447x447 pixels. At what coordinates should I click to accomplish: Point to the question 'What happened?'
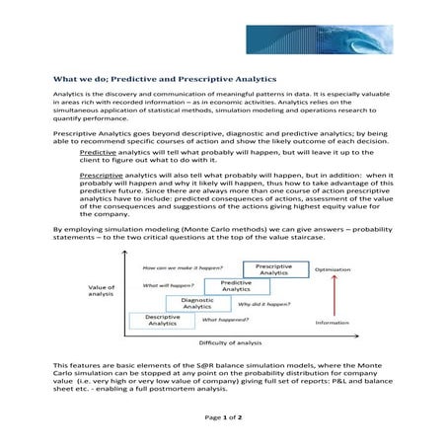pyautogui.click(x=224, y=320)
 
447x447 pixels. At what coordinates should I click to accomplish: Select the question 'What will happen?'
pyautogui.click(x=167, y=284)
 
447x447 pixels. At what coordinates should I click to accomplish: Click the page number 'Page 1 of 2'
pyautogui.click(x=223, y=417)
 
